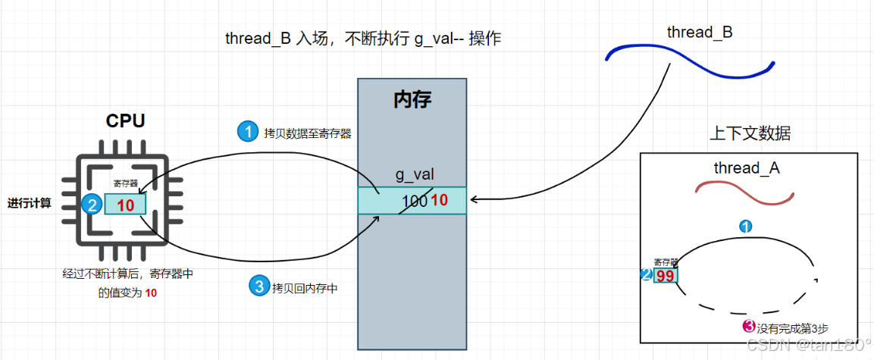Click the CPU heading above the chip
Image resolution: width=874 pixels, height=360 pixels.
click(x=125, y=121)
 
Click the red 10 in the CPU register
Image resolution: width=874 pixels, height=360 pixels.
click(x=125, y=205)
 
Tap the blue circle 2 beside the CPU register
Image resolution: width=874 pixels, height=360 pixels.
click(x=92, y=205)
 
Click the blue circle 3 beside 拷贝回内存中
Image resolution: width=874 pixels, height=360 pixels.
click(x=260, y=286)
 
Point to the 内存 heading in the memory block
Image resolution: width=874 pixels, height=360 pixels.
click(x=412, y=101)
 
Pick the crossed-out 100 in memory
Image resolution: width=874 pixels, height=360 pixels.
click(x=415, y=201)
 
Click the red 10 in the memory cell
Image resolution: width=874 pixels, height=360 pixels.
click(x=440, y=201)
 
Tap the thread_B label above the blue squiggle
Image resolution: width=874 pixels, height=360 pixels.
click(x=700, y=33)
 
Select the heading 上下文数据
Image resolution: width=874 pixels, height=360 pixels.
click(x=750, y=133)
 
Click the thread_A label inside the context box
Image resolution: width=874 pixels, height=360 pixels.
click(x=747, y=168)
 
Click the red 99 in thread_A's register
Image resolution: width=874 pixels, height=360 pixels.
click(x=665, y=276)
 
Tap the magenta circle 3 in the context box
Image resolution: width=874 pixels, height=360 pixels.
click(x=749, y=327)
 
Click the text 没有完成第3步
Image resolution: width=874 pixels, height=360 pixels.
click(x=792, y=328)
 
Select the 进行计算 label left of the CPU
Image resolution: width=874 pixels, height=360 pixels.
click(x=30, y=203)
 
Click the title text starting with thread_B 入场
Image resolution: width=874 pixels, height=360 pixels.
click(x=363, y=39)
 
